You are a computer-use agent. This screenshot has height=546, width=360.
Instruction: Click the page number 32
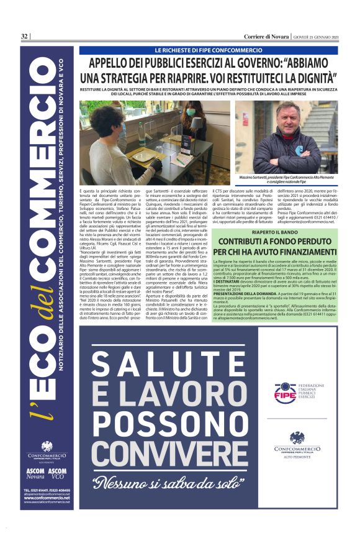24,36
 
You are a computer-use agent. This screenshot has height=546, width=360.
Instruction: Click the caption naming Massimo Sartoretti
287,180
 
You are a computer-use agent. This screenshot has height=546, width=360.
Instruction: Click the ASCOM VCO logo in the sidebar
57,473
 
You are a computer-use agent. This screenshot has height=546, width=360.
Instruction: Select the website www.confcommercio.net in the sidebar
47,498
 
